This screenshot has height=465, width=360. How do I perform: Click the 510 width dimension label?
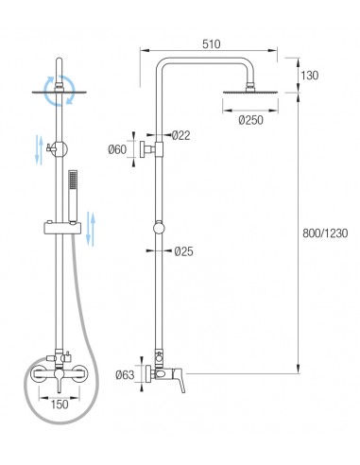(x=211, y=44)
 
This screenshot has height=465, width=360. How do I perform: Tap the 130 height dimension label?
(x=309, y=76)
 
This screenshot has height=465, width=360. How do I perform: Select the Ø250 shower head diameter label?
(x=250, y=120)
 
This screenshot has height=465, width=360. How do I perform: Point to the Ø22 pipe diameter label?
(x=181, y=135)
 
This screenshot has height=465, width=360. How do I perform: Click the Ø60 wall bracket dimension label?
(x=117, y=149)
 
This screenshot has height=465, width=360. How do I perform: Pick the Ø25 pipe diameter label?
(x=183, y=251)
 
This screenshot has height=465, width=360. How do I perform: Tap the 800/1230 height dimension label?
(x=325, y=233)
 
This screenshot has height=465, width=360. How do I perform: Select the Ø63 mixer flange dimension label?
(x=125, y=375)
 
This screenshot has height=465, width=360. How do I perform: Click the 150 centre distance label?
(x=60, y=405)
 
